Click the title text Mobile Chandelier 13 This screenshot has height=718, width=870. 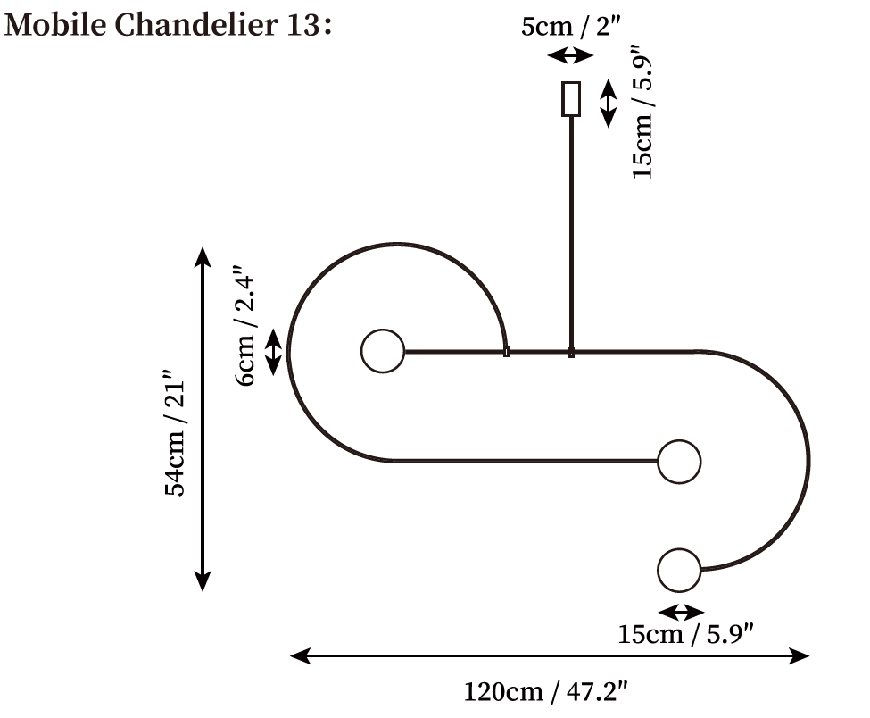tap(168, 25)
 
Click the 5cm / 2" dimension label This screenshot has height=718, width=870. tap(570, 26)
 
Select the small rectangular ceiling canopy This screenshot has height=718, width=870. tap(571, 99)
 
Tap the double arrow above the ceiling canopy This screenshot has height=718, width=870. tap(570, 55)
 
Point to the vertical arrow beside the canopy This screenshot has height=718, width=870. tap(609, 103)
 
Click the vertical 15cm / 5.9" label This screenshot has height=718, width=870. tap(642, 113)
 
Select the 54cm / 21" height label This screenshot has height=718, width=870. tap(175, 431)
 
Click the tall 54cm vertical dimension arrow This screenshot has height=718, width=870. tap(203, 419)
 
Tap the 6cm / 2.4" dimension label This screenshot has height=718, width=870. tap(244, 325)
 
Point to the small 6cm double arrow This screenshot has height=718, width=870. tap(274, 352)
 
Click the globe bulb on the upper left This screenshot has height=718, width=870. tap(383, 351)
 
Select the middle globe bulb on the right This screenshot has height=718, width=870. tap(679, 462)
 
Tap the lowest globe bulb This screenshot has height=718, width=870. tap(679, 571)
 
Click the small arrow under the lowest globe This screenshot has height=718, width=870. tap(681, 613)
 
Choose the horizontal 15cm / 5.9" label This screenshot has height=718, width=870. tap(686, 634)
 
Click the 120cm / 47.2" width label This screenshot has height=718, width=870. tap(546, 692)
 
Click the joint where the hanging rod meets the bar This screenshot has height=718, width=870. tap(571, 352)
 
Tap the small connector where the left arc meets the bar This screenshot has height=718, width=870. tap(506, 352)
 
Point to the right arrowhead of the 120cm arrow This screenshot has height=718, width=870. tap(800, 655)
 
